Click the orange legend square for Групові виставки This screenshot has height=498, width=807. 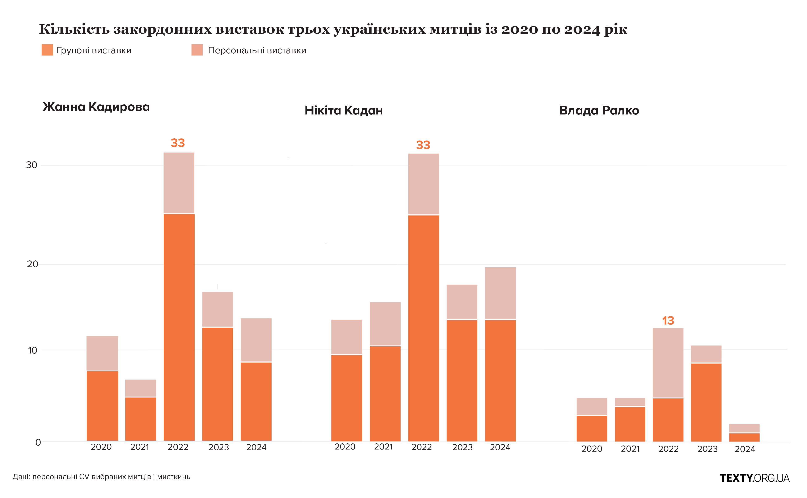tap(47, 50)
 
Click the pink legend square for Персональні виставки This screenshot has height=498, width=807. tap(197, 50)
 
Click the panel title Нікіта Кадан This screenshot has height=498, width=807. tap(344, 110)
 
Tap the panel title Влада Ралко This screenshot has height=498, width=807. tap(599, 110)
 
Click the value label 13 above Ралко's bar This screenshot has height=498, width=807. tap(668, 321)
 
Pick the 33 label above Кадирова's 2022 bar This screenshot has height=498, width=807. tap(178, 143)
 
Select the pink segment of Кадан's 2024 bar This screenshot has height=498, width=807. tap(500, 293)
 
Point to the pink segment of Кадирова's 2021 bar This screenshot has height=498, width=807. tap(140, 388)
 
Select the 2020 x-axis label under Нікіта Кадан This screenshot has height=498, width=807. tap(345, 447)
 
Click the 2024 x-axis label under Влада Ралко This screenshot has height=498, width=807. tap(745, 449)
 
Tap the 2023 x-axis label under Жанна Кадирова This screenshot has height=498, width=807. tap(219, 447)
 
